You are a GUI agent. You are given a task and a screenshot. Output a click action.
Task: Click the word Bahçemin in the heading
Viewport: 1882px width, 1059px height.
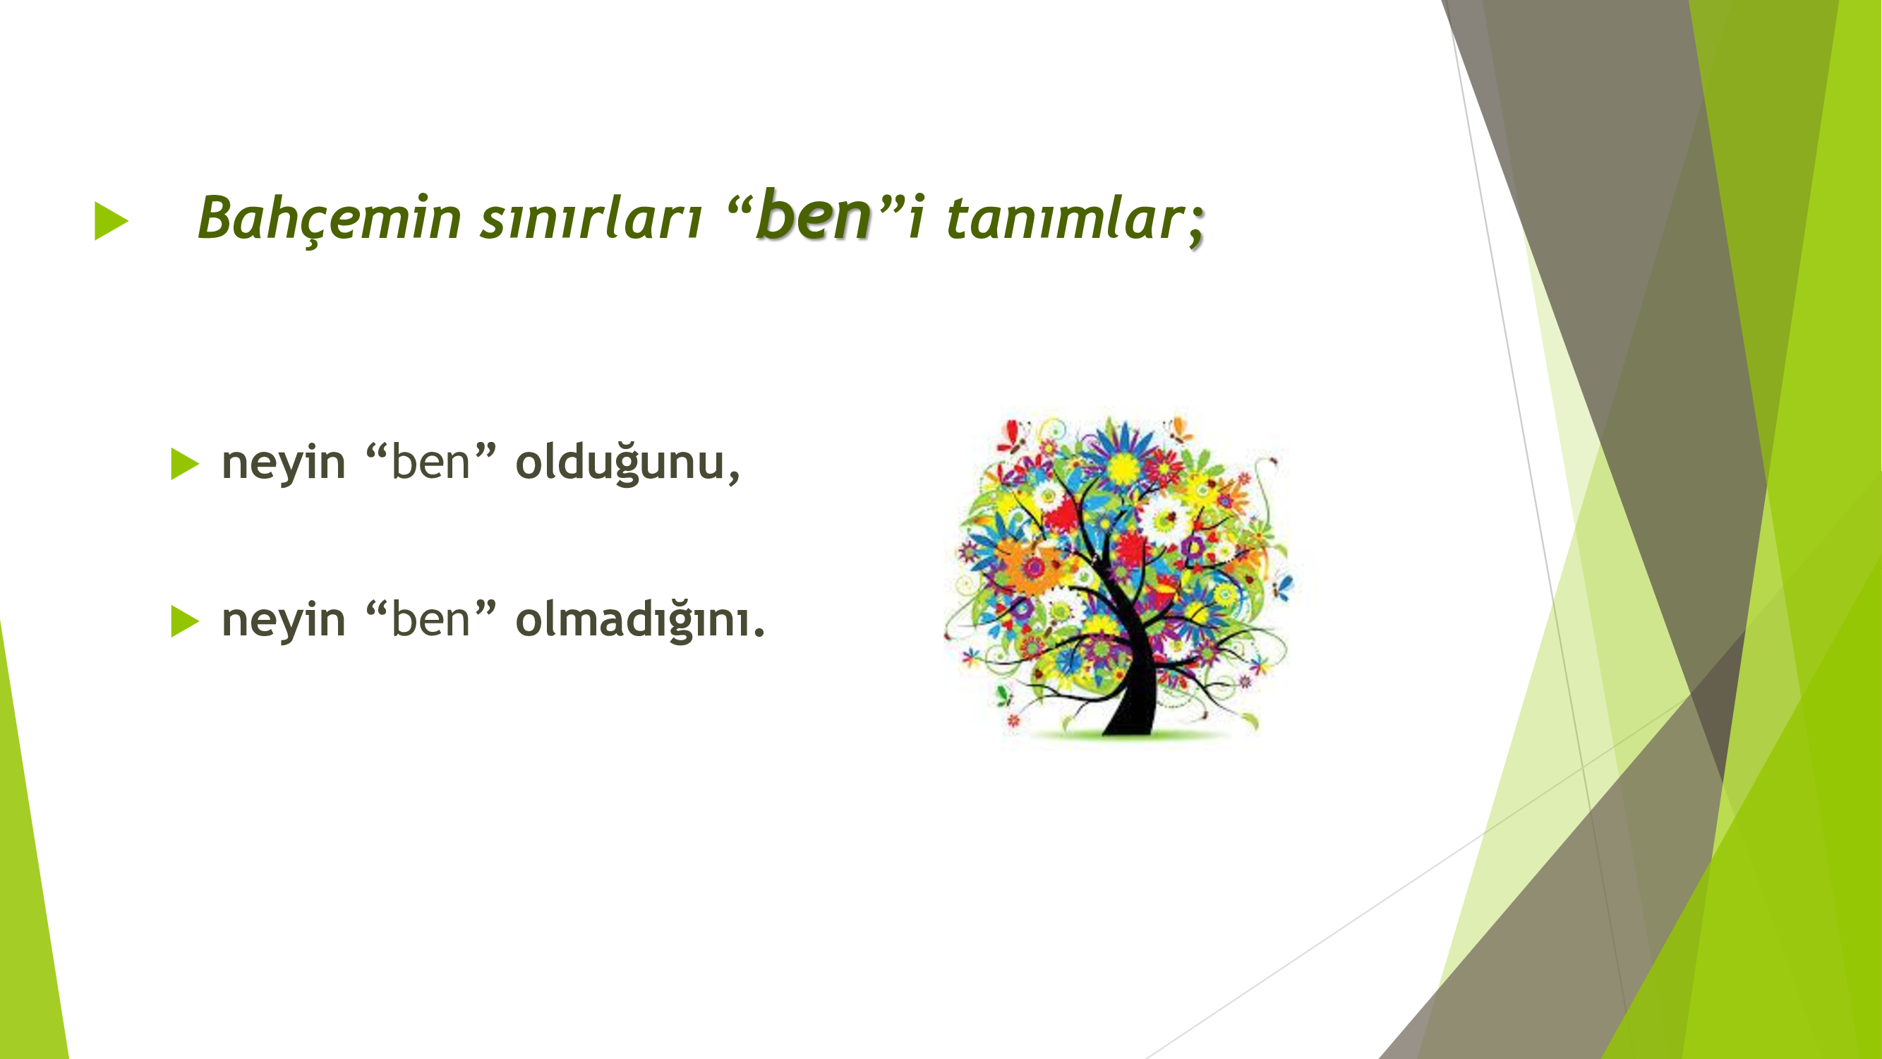click(330, 217)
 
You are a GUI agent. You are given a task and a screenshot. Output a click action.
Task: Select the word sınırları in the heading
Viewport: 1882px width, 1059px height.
click(591, 217)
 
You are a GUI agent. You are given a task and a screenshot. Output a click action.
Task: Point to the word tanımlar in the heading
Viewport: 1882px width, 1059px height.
click(1063, 217)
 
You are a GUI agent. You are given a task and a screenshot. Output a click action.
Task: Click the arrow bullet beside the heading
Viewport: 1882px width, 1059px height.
click(111, 220)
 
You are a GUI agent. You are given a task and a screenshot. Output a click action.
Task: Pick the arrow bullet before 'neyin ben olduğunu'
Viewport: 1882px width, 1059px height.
click(185, 463)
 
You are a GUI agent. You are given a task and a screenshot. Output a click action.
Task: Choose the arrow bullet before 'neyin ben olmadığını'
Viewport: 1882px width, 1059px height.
click(185, 621)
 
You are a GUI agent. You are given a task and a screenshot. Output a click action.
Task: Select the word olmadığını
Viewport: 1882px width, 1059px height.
click(634, 621)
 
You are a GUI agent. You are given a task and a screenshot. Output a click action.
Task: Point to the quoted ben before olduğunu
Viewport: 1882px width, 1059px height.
click(431, 462)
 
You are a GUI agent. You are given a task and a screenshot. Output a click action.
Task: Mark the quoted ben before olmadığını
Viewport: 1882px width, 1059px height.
click(431, 620)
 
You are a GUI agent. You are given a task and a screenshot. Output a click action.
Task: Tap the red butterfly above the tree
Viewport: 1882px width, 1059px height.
click(1013, 435)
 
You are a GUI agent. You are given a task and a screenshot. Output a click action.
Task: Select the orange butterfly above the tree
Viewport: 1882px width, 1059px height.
click(1178, 429)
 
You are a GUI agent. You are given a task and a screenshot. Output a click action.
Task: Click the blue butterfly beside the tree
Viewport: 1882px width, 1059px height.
click(1284, 587)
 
